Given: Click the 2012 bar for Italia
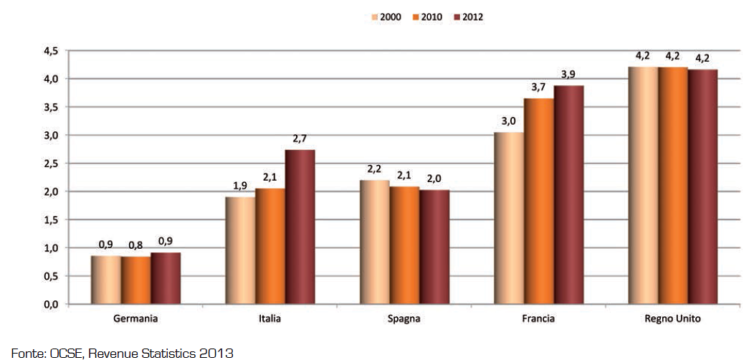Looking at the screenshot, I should pos(300,227).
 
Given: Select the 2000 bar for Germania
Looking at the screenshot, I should pos(106,280).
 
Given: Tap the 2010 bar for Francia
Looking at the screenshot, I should pos(538,202).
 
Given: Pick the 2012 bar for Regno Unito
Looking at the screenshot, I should pos(702,186).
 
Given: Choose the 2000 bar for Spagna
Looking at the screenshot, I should pos(375,242).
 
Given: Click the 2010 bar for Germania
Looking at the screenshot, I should pos(135,280).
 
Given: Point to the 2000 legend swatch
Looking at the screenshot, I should pos(373,15).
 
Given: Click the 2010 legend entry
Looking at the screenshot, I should pos(424,15).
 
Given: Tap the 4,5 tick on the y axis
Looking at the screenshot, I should pos(52,51).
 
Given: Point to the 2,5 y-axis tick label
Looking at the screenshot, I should pos(52,164).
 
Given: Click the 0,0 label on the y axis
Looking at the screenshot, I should pos(52,305).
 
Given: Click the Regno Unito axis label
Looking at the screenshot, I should pos(672,318).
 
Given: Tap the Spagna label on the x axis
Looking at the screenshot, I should pos(405,318).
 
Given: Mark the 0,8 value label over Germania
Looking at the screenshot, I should pos(136,245).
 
